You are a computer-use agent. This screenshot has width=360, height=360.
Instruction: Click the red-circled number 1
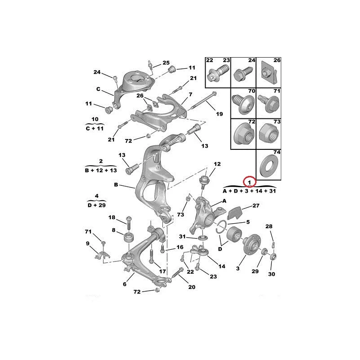[x=249, y=182]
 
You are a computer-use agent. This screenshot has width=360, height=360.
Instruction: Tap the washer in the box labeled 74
[x=268, y=166]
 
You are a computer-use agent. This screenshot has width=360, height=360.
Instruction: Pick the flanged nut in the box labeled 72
[x=243, y=134]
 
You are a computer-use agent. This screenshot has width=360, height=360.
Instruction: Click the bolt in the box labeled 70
[x=243, y=104]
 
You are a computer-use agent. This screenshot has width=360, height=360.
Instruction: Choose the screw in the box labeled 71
[x=268, y=104]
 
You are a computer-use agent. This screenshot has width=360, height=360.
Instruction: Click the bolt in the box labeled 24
[x=243, y=73]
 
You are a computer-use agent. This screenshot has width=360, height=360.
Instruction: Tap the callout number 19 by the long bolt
[x=219, y=114]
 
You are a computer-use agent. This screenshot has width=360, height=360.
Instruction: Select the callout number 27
[x=256, y=206]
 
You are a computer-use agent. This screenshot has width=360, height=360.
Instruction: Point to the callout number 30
[x=271, y=274]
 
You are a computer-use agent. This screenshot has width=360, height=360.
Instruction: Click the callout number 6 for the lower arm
[x=125, y=284]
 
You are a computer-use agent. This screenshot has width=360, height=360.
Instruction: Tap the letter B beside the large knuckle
[x=116, y=184]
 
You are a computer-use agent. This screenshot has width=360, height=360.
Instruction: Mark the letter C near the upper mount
[x=98, y=89]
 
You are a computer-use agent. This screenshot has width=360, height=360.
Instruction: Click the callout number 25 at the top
[x=166, y=63]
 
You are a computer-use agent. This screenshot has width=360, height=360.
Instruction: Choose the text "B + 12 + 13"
[x=101, y=171]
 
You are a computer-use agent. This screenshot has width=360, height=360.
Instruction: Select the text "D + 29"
[x=97, y=205]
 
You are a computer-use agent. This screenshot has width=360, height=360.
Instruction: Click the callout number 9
[x=88, y=243]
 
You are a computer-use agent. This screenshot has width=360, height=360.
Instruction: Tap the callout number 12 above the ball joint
[x=217, y=164]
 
